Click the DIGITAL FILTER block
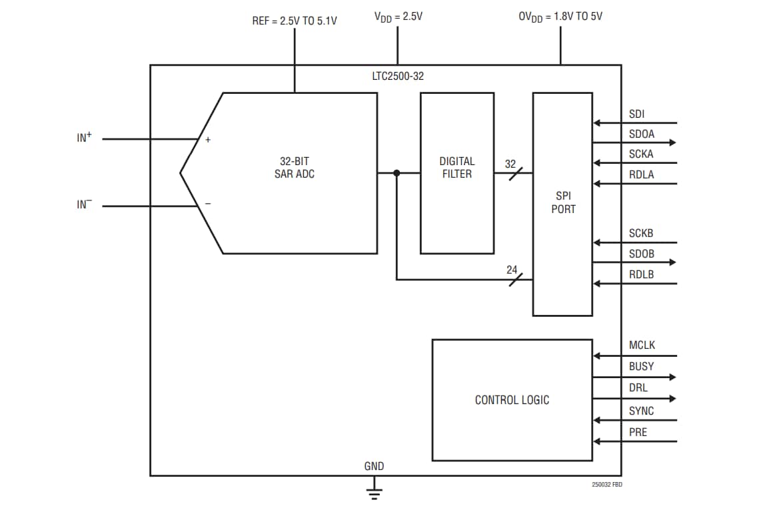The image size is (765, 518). tap(457, 172)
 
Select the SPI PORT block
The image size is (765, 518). tap(562, 203)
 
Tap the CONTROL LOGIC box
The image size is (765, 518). tap(512, 400)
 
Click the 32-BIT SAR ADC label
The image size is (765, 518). tap(295, 168)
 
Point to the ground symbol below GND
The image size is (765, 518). tap(375, 493)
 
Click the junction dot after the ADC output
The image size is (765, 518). tap(396, 173)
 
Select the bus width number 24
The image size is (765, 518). tap(512, 270)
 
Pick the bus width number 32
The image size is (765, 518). tap(510, 164)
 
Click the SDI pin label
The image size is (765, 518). tap(636, 115)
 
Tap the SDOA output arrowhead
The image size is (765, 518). tap(672, 142)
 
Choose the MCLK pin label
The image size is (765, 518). tap(642, 345)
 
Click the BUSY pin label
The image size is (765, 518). tap(641, 366)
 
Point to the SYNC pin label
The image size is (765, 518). tap(641, 411)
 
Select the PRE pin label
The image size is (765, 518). tap(638, 432)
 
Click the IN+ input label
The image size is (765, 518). tap(84, 138)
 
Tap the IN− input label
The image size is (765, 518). tap(84, 204)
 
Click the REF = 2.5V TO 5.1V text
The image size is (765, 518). tap(294, 21)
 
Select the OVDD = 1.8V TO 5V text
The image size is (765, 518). tap(560, 16)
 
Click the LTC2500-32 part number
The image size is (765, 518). tap(398, 77)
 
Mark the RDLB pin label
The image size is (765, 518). tap(641, 274)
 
